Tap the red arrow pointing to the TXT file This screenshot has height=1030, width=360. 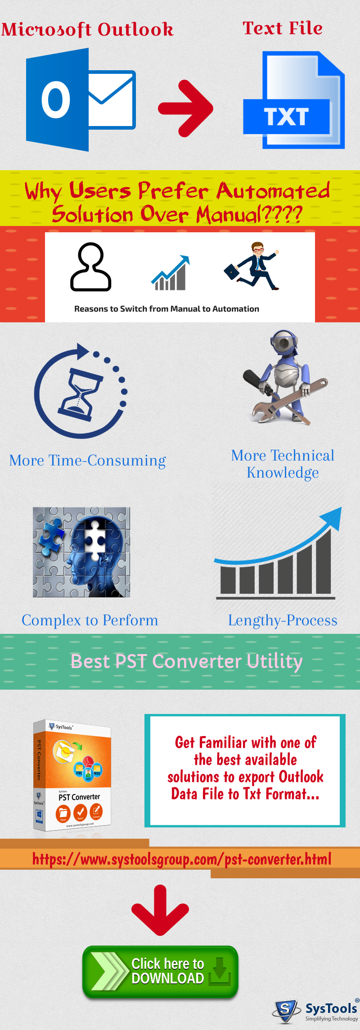point(186,108)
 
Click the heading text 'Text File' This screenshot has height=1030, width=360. point(283,28)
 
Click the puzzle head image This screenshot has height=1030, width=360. point(81,552)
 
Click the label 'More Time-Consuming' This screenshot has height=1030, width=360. point(87,461)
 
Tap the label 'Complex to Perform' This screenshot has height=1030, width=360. point(90,620)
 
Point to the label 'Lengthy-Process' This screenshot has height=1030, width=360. point(283,620)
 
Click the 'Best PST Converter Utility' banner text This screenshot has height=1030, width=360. point(186,661)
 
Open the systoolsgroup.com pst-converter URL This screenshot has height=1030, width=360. point(182,859)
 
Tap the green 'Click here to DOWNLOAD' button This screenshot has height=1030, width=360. point(160,971)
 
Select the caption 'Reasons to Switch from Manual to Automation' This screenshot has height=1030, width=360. point(166,309)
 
